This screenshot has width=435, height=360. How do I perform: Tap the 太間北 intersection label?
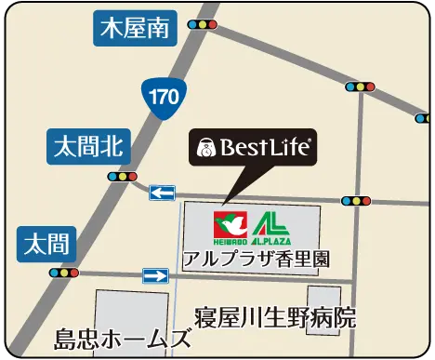pyautogui.click(x=89, y=145)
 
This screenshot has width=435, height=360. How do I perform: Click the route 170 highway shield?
pyautogui.click(x=160, y=95)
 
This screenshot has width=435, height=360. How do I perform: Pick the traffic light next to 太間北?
pyautogui.click(x=122, y=176)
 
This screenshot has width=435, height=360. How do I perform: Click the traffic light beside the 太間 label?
pyautogui.click(x=62, y=273)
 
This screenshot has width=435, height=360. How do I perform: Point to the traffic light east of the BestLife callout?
pyautogui.click(x=356, y=200)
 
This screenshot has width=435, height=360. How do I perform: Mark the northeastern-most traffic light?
pyautogui.click(x=359, y=87)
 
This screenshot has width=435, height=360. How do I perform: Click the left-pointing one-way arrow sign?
pyautogui.click(x=163, y=193)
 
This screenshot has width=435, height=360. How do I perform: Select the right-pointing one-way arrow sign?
pyautogui.click(x=155, y=275)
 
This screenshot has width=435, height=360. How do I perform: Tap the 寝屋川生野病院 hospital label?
pyautogui.click(x=275, y=316)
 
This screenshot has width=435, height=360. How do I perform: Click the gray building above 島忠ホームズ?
pyautogui.click(x=130, y=308)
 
